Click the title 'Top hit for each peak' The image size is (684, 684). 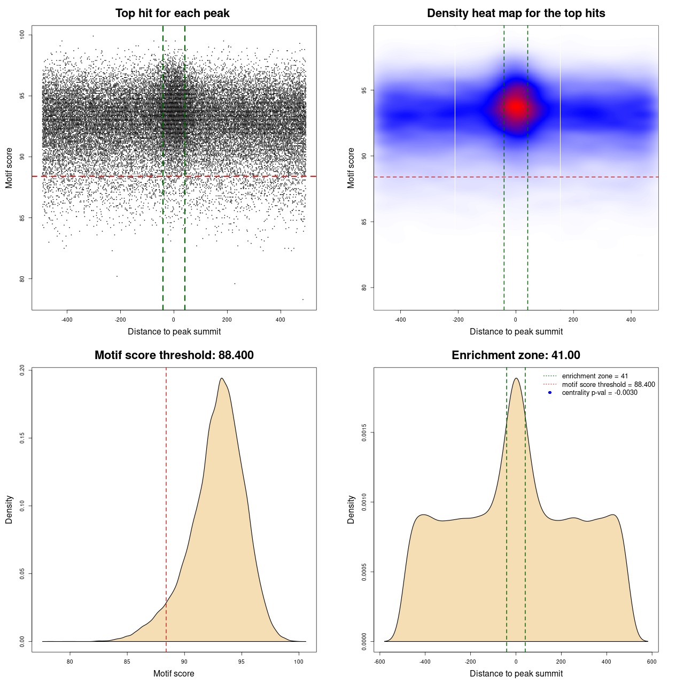click(x=172, y=13)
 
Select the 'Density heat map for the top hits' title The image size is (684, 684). click(x=516, y=13)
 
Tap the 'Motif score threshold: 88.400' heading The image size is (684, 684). click(x=174, y=355)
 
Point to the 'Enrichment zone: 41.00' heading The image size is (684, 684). click(x=516, y=355)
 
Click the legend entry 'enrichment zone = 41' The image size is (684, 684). click(x=595, y=376)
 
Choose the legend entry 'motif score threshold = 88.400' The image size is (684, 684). click(x=608, y=384)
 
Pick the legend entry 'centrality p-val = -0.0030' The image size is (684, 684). click(x=600, y=393)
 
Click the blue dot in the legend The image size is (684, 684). click(x=550, y=393)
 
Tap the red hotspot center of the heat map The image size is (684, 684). click(x=516, y=107)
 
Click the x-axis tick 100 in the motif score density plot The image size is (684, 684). click(x=299, y=662)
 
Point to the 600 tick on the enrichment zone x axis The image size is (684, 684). click(x=651, y=662)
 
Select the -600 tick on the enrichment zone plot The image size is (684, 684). click(x=379, y=662)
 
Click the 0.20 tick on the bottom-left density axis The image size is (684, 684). click(x=22, y=370)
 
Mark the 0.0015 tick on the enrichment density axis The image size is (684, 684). click(x=364, y=432)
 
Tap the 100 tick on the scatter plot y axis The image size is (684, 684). click(x=22, y=35)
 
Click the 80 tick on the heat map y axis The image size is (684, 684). click(x=364, y=287)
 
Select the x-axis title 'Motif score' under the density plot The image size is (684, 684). click(x=174, y=673)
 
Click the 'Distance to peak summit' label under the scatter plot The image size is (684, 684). click(x=174, y=331)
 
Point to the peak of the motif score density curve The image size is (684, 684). click(x=221, y=378)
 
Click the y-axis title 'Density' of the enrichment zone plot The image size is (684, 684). click(x=351, y=509)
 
